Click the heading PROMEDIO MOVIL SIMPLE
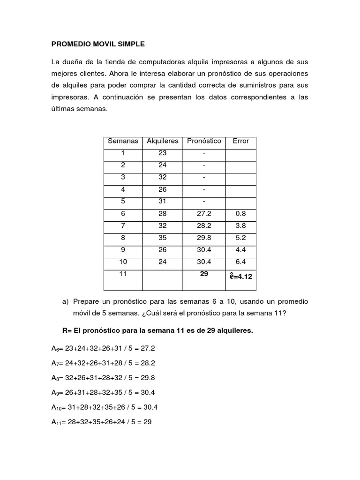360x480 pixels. pyautogui.click(x=98, y=44)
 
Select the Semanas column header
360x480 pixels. pyautogui.click(x=123, y=141)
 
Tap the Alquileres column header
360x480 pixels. pyautogui.click(x=163, y=141)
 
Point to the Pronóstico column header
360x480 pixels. pyautogui.click(x=204, y=141)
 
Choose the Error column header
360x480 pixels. pyautogui.click(x=241, y=141)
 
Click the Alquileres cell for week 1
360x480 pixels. pyautogui.click(x=163, y=153)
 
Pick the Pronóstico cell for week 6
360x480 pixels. pyautogui.click(x=204, y=213)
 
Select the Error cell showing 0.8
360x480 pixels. pyautogui.click(x=241, y=213)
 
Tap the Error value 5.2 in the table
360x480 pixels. pyautogui.click(x=241, y=238)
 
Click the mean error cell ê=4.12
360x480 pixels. pyautogui.click(x=241, y=277)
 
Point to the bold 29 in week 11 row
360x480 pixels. pyautogui.click(x=204, y=274)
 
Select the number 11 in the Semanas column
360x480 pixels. pyautogui.click(x=123, y=274)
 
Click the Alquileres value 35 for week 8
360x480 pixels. pyautogui.click(x=163, y=238)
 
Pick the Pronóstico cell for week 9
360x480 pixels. pyautogui.click(x=204, y=250)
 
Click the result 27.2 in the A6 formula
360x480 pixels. pyautogui.click(x=148, y=349)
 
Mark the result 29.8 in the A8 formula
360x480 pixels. pyautogui.click(x=148, y=378)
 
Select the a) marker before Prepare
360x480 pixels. pyautogui.click(x=65, y=301)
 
